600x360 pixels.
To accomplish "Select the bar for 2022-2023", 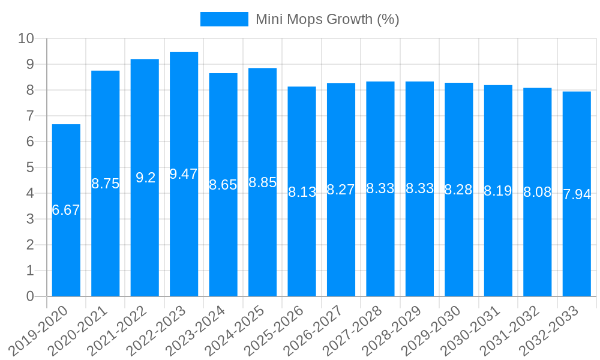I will [x=184, y=240].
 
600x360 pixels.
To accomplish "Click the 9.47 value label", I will [x=184, y=174].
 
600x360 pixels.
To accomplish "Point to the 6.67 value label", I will [x=66, y=210].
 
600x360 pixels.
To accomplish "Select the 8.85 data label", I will [x=262, y=182].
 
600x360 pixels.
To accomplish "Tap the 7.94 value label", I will [x=577, y=194].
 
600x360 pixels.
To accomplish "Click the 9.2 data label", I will [x=145, y=178].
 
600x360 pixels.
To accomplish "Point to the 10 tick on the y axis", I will [x=26, y=38].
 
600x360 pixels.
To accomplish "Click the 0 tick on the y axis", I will [x=30, y=296].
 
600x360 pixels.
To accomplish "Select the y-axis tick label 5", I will [x=30, y=167].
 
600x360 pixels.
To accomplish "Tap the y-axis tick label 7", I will [x=30, y=116].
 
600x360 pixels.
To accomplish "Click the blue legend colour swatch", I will [x=224, y=19].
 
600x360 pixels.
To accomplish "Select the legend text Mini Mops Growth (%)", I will [x=327, y=19].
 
